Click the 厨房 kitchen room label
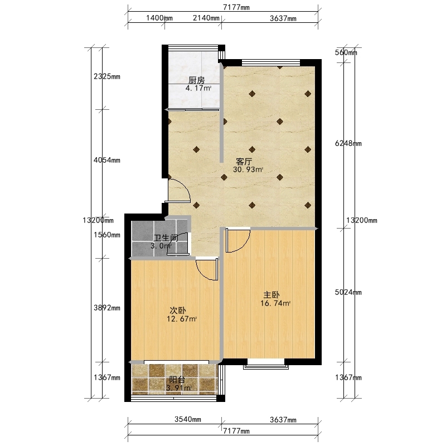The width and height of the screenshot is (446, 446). click(x=197, y=80)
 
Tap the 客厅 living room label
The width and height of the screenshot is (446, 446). click(x=244, y=162)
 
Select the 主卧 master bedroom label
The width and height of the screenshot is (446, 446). click(x=272, y=295)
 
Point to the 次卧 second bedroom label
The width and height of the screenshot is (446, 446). click(x=178, y=311)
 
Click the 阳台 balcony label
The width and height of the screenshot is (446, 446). click(x=177, y=380)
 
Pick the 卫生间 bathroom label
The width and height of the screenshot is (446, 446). click(x=166, y=238)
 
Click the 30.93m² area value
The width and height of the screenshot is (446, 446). click(x=248, y=170)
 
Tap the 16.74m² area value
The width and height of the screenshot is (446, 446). click(x=275, y=303)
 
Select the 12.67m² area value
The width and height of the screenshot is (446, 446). click(x=182, y=319)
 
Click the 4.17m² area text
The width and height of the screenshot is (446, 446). click(x=198, y=88)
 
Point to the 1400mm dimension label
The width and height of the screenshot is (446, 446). click(x=159, y=18)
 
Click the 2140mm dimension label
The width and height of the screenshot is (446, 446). click(x=206, y=18)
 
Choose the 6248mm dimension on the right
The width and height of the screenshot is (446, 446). click(x=348, y=143)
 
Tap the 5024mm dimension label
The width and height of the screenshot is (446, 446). click(x=348, y=292)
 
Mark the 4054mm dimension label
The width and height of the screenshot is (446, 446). click(x=107, y=160)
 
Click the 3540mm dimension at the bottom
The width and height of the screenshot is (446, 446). click(x=188, y=419)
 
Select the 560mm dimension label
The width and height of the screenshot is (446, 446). click(x=346, y=52)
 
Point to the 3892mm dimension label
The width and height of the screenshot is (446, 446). click(x=107, y=308)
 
